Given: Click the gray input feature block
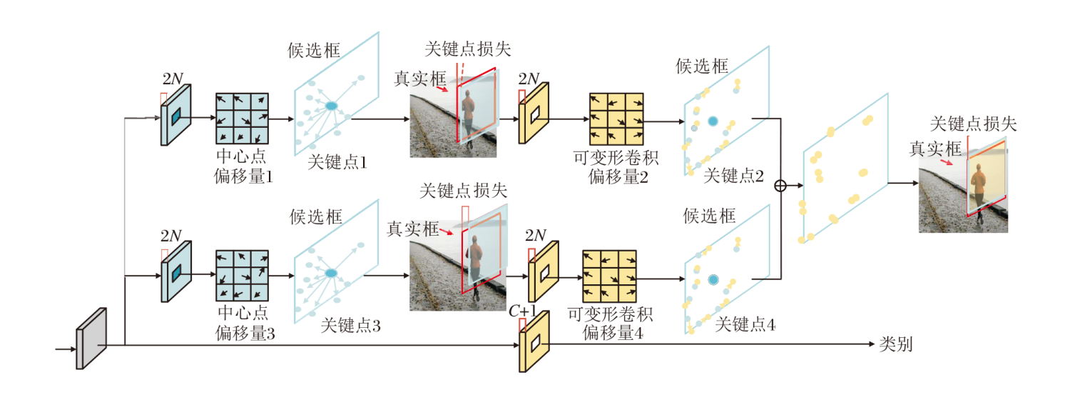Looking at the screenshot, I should point(91,338).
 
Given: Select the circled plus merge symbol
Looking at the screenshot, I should point(780,185).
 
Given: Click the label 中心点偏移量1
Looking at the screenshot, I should point(243,166).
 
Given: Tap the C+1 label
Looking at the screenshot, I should point(523,311).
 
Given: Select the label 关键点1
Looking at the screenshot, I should point(337,163).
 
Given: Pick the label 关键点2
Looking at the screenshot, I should point(733,176).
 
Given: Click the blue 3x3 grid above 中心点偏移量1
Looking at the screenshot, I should point(242,119).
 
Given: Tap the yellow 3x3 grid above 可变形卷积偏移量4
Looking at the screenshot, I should point(609,276).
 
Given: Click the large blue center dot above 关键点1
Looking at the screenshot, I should point(332,106).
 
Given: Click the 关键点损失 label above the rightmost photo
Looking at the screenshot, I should point(974,124).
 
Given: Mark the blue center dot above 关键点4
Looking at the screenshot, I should point(712,280).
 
